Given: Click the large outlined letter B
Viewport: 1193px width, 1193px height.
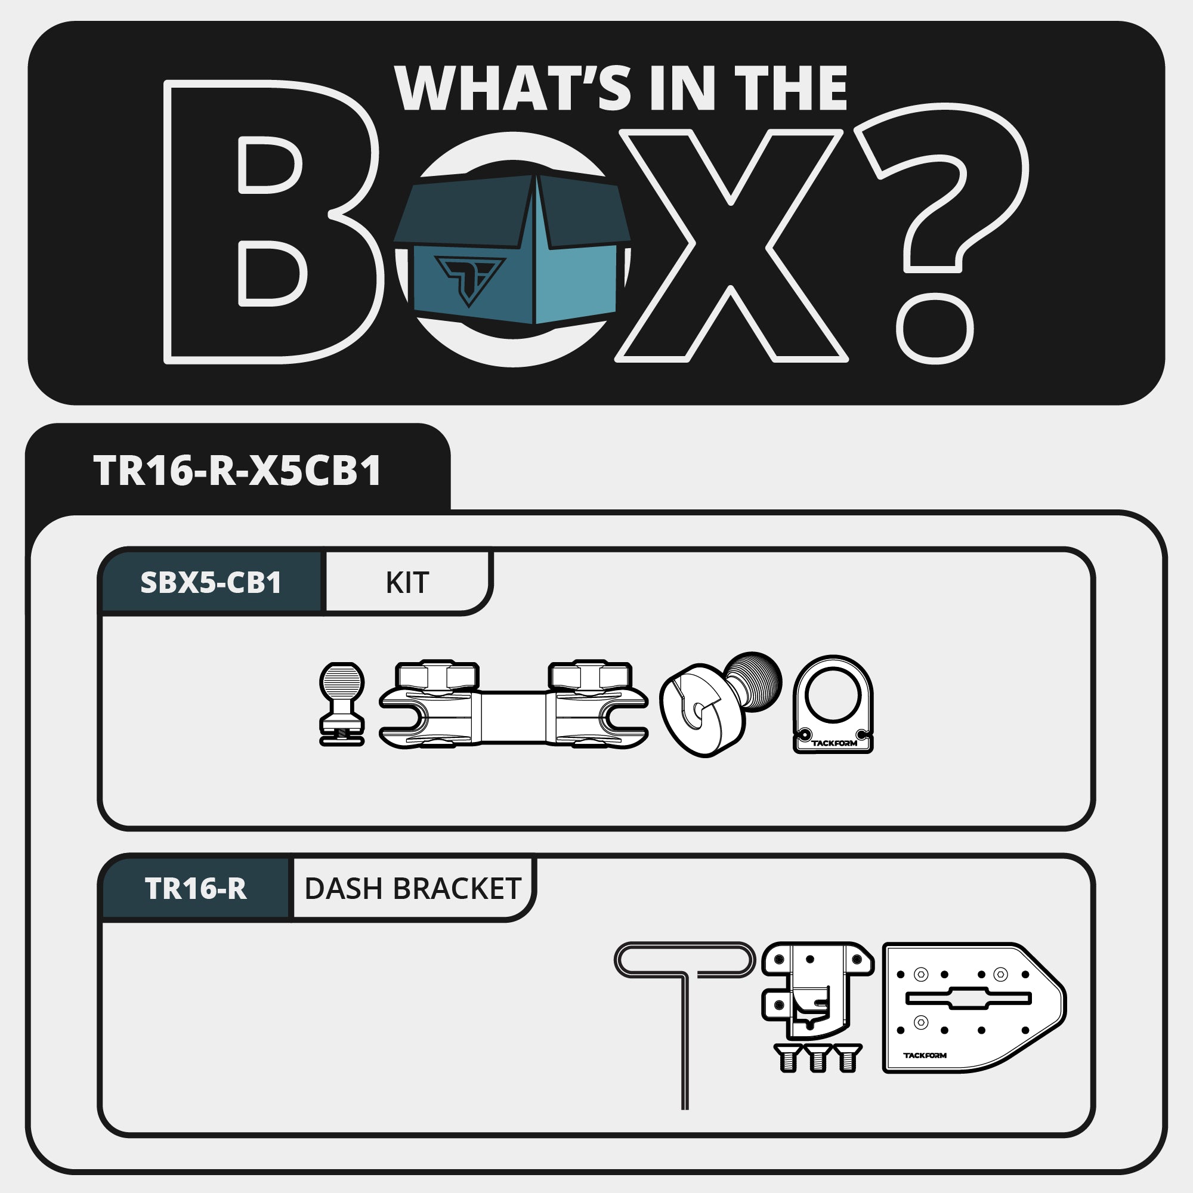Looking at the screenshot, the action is coord(271,222).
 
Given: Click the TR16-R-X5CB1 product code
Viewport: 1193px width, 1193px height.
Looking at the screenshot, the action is coord(237,471).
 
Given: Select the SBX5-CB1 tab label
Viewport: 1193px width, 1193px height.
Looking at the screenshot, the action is coord(211,582).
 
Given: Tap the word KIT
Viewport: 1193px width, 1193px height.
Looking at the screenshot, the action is coord(407,582).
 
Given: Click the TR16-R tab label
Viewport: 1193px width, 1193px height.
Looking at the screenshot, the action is coord(196,889).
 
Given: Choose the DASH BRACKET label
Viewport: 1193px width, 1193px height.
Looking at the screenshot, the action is coord(413,889).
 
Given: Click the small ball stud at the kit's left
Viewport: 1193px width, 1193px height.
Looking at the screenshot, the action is coord(341,704).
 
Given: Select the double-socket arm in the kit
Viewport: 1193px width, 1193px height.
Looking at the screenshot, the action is coord(513,704).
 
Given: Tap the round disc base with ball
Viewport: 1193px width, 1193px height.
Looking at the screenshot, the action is coord(719,704).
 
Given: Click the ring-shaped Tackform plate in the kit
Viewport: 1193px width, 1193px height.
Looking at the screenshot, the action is coord(833,704).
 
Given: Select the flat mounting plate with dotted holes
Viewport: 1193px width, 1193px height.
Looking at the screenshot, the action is coord(974,1007).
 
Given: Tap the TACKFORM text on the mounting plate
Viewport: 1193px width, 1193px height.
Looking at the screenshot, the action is coord(925,1055).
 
